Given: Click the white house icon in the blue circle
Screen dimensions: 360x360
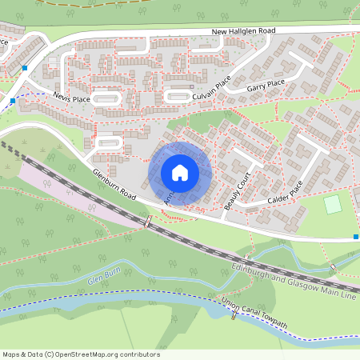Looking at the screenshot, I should (180, 173).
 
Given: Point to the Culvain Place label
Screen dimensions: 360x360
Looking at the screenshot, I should (211, 89).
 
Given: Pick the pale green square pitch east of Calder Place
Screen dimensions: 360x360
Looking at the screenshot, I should (332, 204).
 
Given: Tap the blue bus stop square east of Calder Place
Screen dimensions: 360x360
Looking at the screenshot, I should (355, 237).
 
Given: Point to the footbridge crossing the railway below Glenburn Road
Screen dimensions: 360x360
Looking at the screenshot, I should (146, 221).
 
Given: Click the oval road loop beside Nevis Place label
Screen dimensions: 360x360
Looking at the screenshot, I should (106, 98).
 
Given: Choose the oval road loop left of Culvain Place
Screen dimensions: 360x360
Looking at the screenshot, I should (176, 98).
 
